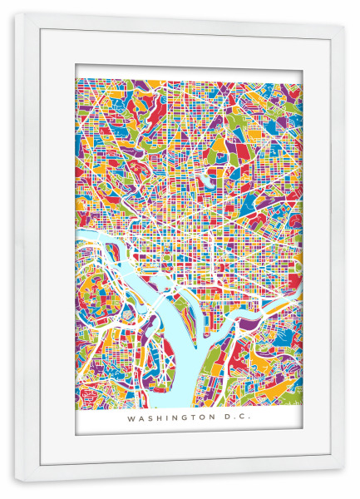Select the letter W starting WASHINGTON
[x=131, y=419]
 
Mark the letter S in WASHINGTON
[x=149, y=419]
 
